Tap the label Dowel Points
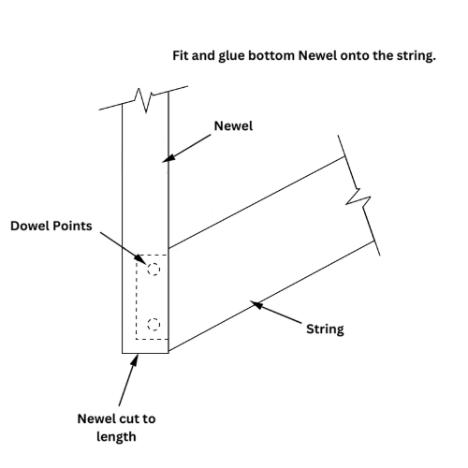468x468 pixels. (x=51, y=226)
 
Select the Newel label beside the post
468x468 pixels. (x=233, y=126)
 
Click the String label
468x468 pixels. (x=325, y=329)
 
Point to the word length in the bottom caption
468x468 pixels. (x=116, y=437)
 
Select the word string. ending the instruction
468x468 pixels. (x=417, y=56)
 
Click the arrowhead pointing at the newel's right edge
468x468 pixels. (x=168, y=158)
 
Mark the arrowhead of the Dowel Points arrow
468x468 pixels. (x=140, y=259)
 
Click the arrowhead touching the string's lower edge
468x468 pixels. (x=256, y=304)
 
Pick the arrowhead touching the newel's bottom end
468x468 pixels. (x=135, y=360)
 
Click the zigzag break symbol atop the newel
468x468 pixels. (x=143, y=99)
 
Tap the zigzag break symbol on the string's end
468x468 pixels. (x=358, y=198)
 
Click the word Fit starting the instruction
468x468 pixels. (x=181, y=56)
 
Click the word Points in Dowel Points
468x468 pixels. (x=74, y=226)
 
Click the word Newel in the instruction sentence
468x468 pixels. (x=317, y=56)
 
